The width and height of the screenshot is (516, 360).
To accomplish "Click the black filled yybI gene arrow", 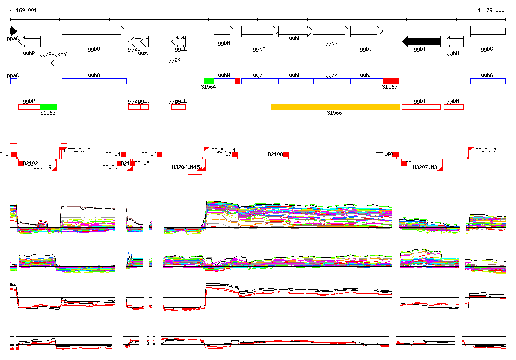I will coord(421,41).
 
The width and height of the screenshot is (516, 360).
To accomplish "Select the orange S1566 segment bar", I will coord(335,107).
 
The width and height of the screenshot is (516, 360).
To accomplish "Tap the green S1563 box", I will coord(49,107).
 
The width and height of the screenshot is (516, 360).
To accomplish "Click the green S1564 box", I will coord(209,81).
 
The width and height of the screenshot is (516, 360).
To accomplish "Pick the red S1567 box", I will coord(391,81).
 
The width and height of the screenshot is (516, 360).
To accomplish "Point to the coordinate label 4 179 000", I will coord(491,10).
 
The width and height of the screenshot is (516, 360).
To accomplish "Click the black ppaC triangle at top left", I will coord(14,31).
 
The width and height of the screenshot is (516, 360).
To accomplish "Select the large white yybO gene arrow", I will coord(94,31).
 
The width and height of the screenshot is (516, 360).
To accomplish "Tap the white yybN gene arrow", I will coord(224,31).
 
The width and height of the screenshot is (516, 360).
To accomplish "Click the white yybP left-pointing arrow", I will coord(29,41).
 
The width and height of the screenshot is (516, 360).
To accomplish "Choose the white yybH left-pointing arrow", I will coord(454,41).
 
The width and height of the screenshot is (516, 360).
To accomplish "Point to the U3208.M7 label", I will coord(484,150).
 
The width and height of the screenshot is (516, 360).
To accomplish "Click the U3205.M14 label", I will coord(222,150).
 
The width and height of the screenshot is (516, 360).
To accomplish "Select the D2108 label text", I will coord(275,154).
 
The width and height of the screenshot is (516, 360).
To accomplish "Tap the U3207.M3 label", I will coord(425,167).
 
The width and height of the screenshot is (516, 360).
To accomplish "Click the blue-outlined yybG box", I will coord(487,81).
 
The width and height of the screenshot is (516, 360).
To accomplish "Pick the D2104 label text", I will coord(113,154).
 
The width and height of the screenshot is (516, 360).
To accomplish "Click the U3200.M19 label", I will coord(37,167).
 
